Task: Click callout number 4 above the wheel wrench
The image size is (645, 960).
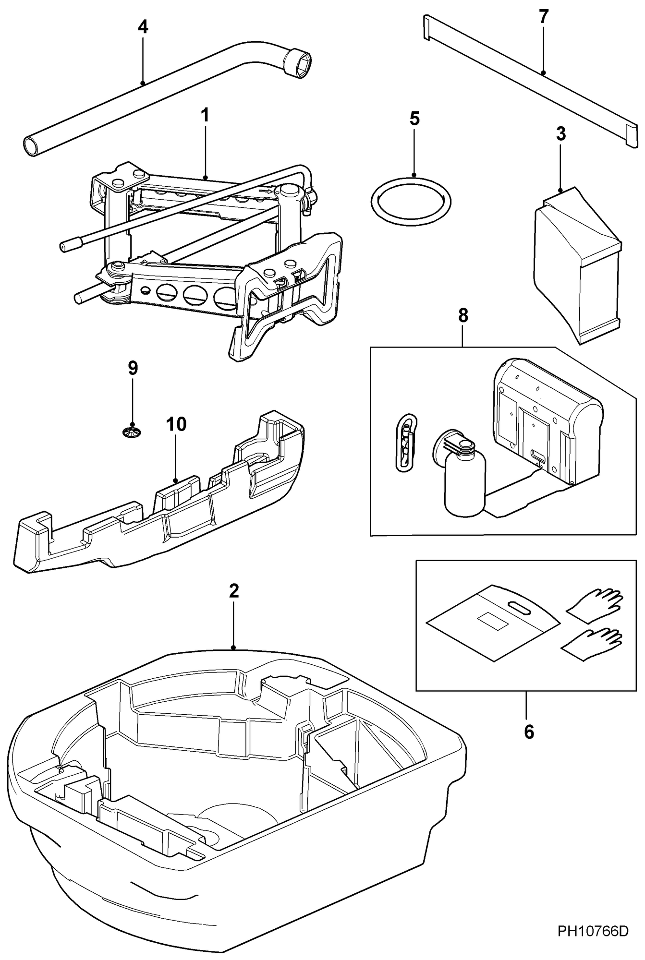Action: pyautogui.click(x=143, y=27)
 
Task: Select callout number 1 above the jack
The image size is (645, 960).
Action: pyautogui.click(x=205, y=115)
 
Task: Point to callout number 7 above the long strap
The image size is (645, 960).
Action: pyautogui.click(x=543, y=17)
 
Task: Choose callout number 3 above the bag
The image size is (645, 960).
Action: pyautogui.click(x=560, y=134)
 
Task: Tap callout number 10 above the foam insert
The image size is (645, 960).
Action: pyautogui.click(x=176, y=424)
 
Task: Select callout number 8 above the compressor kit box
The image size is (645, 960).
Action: pyautogui.click(x=463, y=316)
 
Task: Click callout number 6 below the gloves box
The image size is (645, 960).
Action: pyautogui.click(x=528, y=732)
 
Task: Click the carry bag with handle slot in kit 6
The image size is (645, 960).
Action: pyautogui.click(x=492, y=624)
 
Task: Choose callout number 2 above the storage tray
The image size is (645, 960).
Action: pyautogui.click(x=233, y=591)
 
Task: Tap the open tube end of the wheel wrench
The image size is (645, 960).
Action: pyautogui.click(x=32, y=146)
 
